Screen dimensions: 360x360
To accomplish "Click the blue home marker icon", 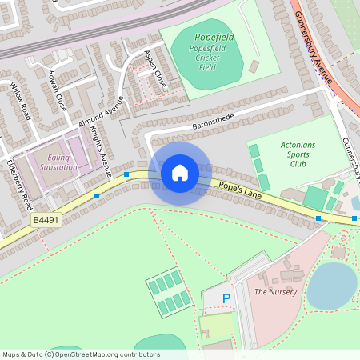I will [x=180, y=172].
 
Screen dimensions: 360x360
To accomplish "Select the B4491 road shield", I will [x=46, y=219].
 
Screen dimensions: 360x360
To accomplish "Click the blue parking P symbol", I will [x=226, y=298].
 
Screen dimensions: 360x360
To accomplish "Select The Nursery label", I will [x=275, y=292].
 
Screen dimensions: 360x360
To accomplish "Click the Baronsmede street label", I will [x=216, y=120].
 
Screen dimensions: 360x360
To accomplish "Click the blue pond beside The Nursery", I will [x=331, y=286].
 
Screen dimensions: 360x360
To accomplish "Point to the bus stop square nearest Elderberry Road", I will [x=97, y=195].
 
